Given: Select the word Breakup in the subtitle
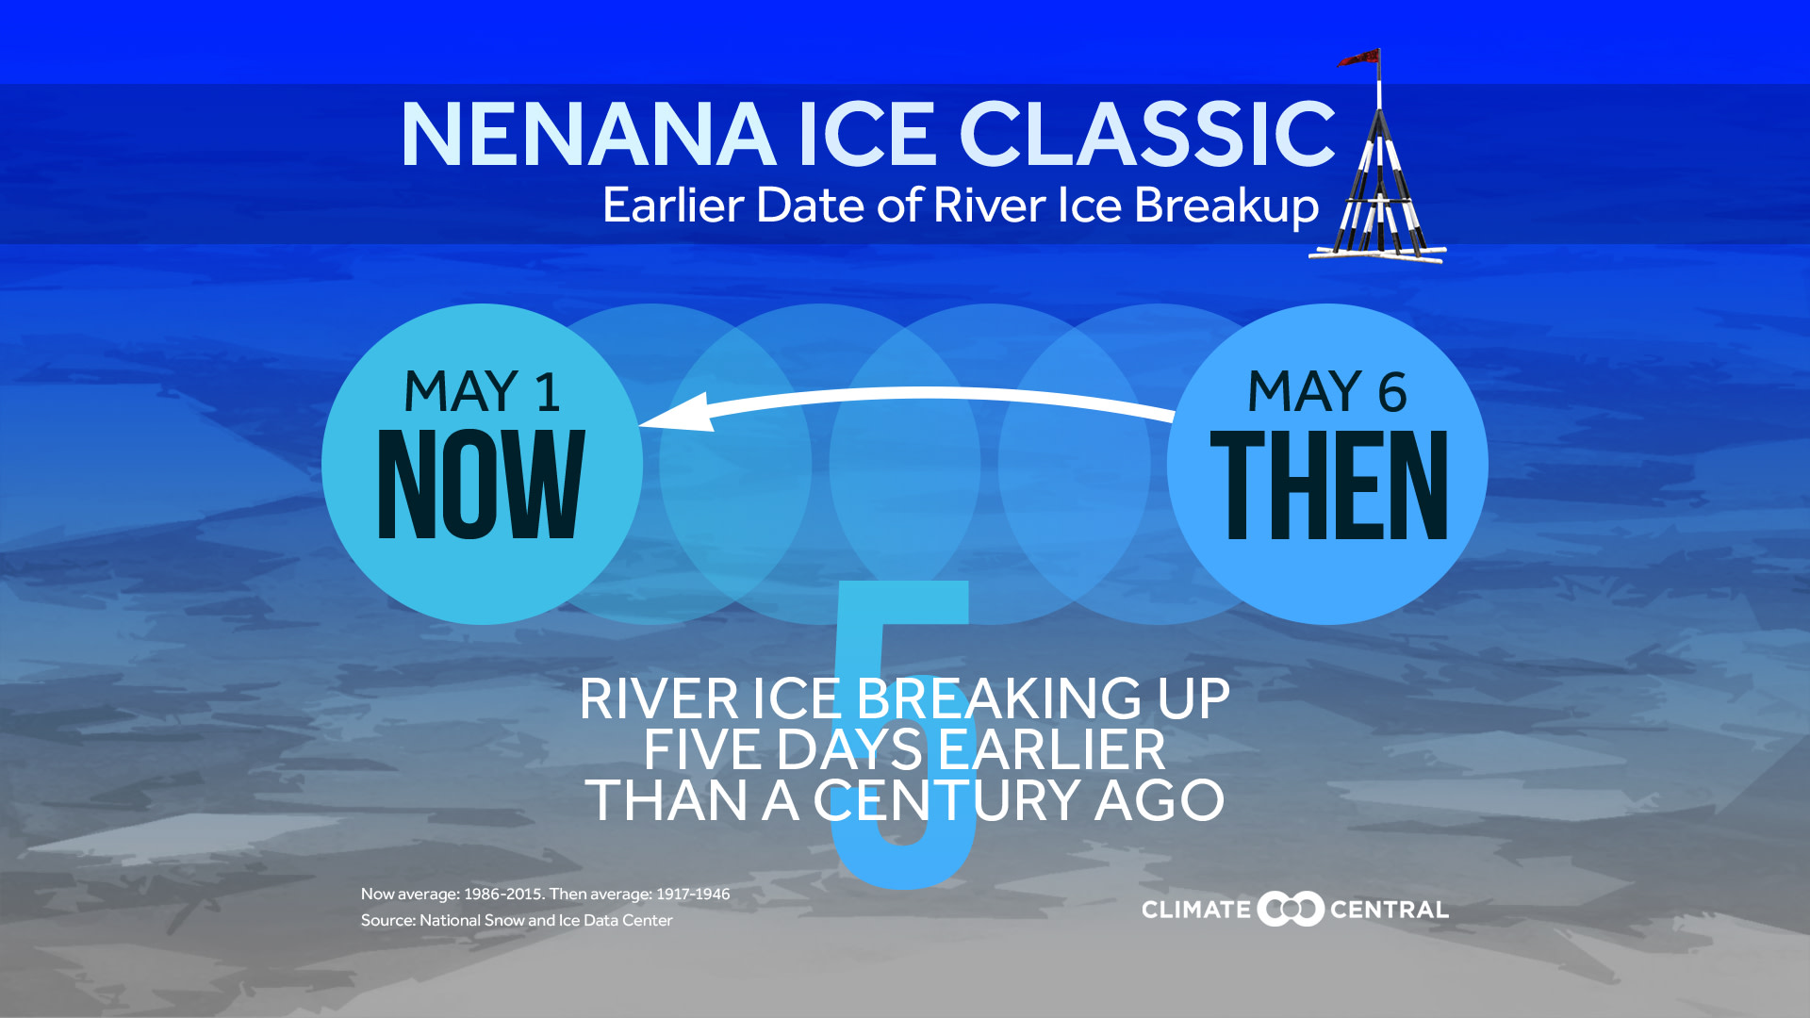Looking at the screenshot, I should point(1226,205).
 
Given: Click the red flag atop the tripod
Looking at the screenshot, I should point(1359,58).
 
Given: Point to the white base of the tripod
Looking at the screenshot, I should point(1376,254).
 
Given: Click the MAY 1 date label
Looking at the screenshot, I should point(482,392).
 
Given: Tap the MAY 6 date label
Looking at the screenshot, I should point(1326,392).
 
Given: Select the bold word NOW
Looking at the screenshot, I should point(481,484).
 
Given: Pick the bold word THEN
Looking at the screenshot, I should point(1328,484).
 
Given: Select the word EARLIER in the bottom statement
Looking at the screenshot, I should point(1051,750).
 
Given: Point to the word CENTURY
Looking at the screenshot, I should point(946,801).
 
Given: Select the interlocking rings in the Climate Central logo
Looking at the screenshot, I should point(1291,909).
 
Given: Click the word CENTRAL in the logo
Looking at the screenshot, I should point(1389,910).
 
